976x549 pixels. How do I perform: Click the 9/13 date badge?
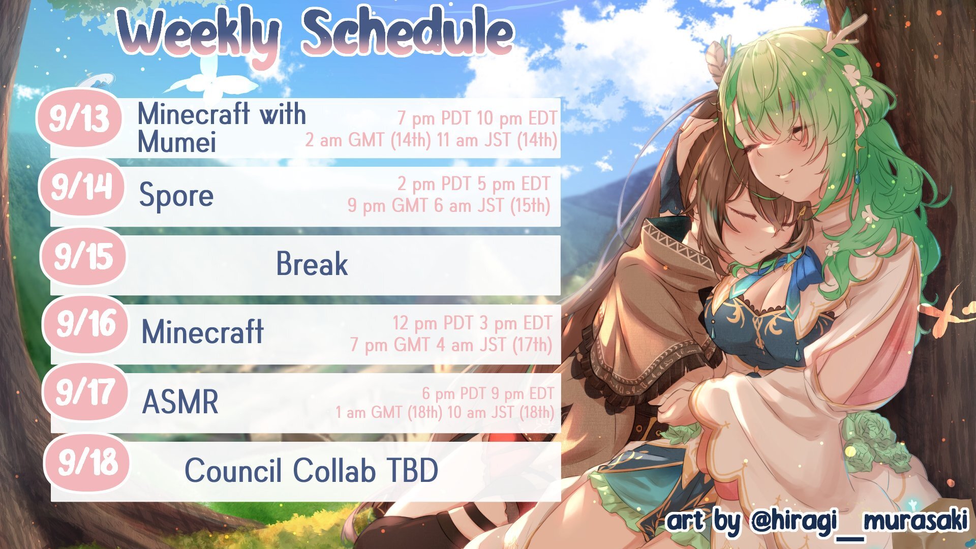click(79, 118)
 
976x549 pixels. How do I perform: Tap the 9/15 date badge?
click(83, 256)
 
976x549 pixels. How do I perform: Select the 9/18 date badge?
click(87, 462)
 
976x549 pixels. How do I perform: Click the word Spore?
click(176, 196)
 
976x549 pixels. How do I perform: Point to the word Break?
click(312, 264)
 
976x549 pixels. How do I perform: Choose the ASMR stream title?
click(180, 402)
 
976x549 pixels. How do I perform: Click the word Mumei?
click(177, 141)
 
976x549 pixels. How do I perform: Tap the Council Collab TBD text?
click(311, 470)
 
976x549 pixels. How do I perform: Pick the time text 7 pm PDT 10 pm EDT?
click(477, 118)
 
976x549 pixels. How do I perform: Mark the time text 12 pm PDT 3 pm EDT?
click(472, 323)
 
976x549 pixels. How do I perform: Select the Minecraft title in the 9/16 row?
click(203, 332)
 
